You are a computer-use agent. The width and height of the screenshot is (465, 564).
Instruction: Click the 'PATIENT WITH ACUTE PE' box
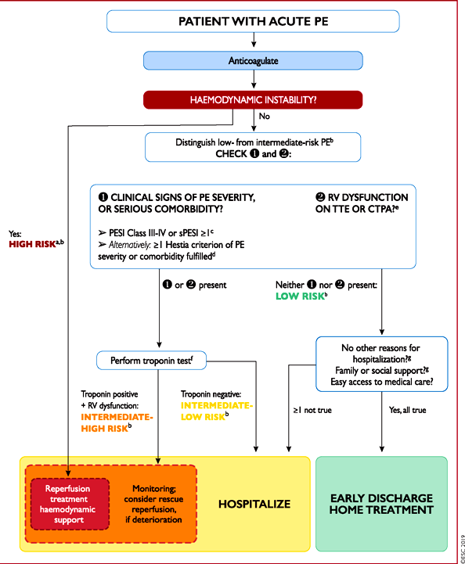click(x=253, y=21)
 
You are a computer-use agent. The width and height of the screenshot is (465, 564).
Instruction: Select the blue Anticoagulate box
click(x=253, y=60)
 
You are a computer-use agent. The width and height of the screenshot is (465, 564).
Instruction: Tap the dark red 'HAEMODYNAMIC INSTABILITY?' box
click(x=253, y=99)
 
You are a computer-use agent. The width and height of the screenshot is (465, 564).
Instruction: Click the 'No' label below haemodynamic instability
click(x=264, y=117)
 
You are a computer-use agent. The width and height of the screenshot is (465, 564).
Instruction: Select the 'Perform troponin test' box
click(x=152, y=361)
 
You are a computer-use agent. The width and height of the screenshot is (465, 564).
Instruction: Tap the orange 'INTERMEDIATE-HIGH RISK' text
click(x=117, y=422)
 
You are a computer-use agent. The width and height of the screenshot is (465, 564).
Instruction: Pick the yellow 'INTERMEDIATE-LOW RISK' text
click(x=217, y=411)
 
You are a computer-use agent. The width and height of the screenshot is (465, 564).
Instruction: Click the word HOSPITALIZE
click(x=254, y=504)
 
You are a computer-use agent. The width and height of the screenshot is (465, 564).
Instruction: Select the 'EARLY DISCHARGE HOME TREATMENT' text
click(x=381, y=504)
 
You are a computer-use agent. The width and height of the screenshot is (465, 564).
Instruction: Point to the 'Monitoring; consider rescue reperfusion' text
click(x=153, y=504)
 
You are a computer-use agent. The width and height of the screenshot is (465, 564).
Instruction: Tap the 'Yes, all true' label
click(x=407, y=410)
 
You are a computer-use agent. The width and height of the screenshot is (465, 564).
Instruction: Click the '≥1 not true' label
click(x=312, y=410)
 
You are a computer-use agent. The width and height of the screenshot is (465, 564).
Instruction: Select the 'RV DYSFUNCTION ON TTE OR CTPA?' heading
click(x=362, y=203)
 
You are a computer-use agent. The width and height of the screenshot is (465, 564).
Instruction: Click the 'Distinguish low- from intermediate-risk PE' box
click(x=253, y=147)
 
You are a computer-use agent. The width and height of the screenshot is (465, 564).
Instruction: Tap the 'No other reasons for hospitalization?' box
click(x=382, y=364)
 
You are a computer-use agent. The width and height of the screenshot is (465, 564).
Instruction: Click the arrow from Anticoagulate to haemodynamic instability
click(x=254, y=79)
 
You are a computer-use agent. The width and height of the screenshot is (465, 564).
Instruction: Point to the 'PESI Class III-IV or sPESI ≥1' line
click(x=157, y=233)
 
